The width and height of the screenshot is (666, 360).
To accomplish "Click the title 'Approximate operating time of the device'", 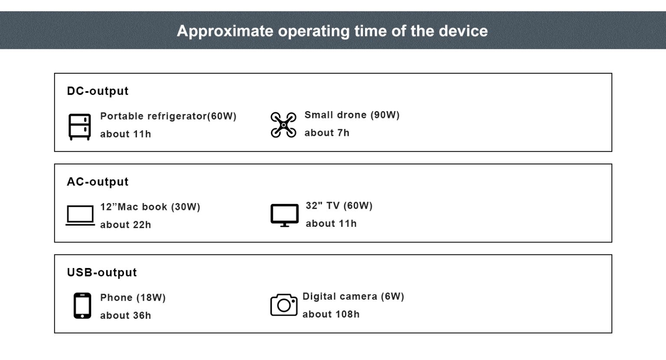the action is pos(332,31).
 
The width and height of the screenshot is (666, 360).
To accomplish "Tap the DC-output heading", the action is pos(98,91).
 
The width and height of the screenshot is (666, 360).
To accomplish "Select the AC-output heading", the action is pos(98,182).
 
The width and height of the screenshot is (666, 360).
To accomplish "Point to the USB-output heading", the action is pos(102,272).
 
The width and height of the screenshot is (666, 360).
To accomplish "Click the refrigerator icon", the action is pos(79,127).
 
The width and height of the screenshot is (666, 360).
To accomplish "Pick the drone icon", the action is pos(283,125).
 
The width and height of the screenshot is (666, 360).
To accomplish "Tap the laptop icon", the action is pos(80,216).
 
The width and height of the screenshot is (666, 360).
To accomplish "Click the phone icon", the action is pos(82,305).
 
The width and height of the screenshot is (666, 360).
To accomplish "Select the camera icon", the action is pos(284,305).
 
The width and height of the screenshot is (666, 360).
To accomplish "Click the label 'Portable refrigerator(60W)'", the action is pos(168,116).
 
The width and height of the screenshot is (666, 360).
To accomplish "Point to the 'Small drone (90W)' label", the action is pos(352,115).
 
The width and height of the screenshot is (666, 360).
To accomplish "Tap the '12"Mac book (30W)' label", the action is pos(150,207).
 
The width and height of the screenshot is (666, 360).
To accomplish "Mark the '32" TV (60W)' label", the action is pos(339,206).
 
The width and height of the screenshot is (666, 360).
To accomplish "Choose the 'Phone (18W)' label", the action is pos(133,298).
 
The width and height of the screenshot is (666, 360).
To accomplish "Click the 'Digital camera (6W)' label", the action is pos(353,296).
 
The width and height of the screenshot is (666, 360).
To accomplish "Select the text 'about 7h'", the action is pos(327,133).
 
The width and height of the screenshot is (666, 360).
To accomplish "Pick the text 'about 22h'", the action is pos(125,225).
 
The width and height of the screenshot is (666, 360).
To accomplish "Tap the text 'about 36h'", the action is pos(125,315).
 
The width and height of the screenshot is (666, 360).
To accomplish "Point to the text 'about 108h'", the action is pos(331,314).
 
